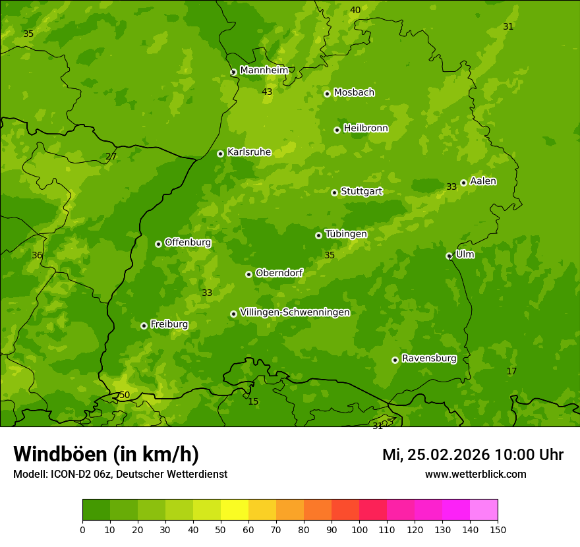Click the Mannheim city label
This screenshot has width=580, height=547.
point(264,71)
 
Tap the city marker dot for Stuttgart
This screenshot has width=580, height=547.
point(334,192)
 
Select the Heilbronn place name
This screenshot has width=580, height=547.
point(366,129)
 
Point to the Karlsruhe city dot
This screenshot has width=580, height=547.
point(220,154)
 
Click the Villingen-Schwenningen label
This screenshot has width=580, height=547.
point(295,312)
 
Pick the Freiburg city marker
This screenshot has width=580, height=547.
point(144,326)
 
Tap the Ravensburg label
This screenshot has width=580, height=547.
point(429,359)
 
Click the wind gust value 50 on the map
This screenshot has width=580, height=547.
point(125,395)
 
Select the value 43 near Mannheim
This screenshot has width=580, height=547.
point(267,92)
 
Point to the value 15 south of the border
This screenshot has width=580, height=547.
point(253,402)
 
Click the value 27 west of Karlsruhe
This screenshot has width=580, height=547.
point(111,157)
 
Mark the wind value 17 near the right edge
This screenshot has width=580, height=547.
point(511,372)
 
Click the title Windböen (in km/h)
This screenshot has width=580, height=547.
point(106,454)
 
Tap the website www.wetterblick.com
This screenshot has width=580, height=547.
point(475,474)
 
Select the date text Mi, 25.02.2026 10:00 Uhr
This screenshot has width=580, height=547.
point(473,455)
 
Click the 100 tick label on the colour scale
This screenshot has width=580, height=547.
point(359,529)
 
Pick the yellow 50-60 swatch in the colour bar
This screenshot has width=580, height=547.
point(235,510)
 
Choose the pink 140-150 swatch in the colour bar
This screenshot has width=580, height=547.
point(484,510)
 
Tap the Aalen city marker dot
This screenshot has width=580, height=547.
point(463,183)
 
